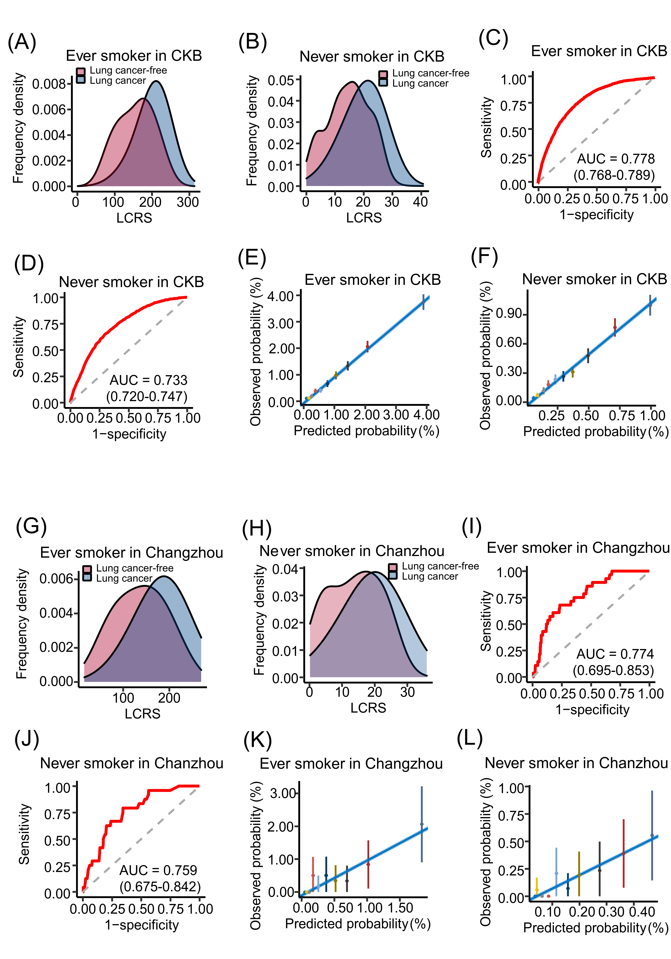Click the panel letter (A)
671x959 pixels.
click(x=22, y=42)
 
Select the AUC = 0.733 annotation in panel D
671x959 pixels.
click(x=148, y=380)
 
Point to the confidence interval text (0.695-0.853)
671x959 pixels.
click(x=613, y=670)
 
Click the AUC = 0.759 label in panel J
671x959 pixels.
click(x=158, y=870)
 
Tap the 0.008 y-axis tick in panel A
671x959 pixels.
click(x=49, y=84)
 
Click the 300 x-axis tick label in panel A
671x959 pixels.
click(x=188, y=202)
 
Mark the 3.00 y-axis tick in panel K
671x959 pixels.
click(x=283, y=793)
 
